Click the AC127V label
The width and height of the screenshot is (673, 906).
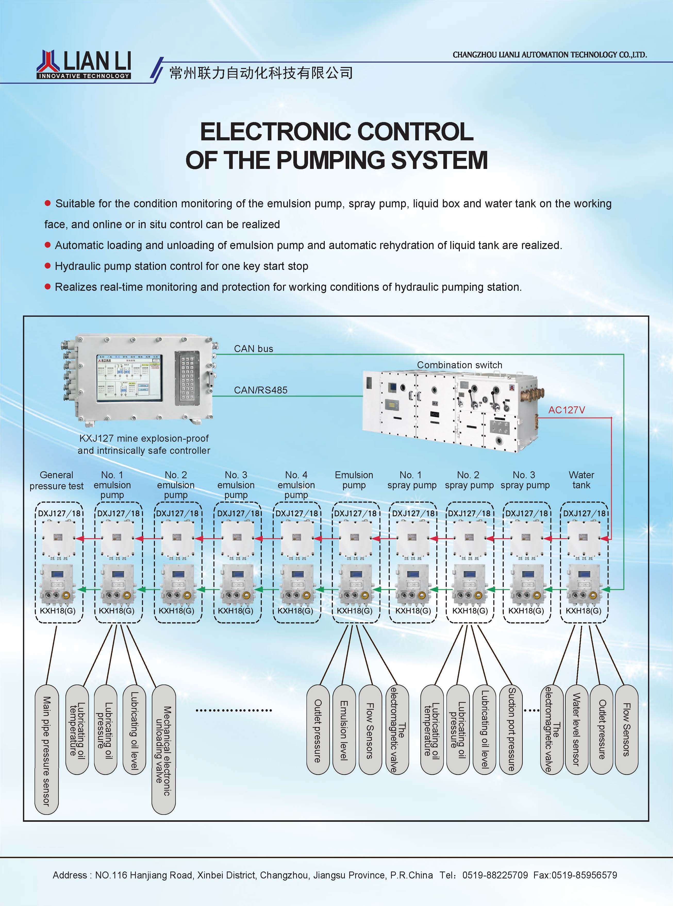pyautogui.click(x=566, y=410)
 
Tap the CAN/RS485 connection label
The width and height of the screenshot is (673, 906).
pyautogui.click(x=260, y=390)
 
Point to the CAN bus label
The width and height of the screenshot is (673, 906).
pyautogui.click(x=253, y=348)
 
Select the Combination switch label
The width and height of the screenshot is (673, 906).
pyautogui.click(x=459, y=365)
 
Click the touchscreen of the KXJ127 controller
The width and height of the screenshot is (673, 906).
pyautogui.click(x=129, y=378)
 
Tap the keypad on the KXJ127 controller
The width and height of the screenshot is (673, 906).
pyautogui.click(x=187, y=378)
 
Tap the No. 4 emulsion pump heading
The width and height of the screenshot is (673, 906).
pyautogui.click(x=296, y=485)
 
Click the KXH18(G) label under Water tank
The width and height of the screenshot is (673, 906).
pyautogui.click(x=583, y=611)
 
